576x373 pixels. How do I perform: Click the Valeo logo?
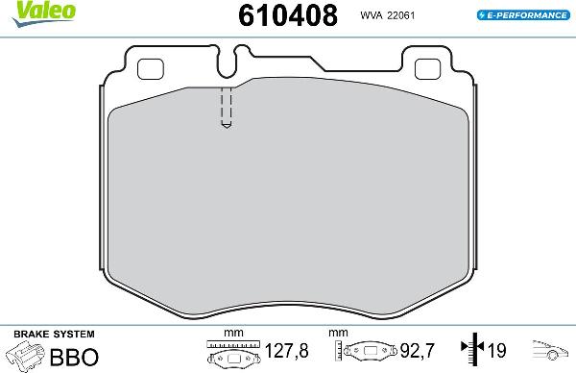point(28,11)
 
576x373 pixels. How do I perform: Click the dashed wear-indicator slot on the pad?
point(226,108)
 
